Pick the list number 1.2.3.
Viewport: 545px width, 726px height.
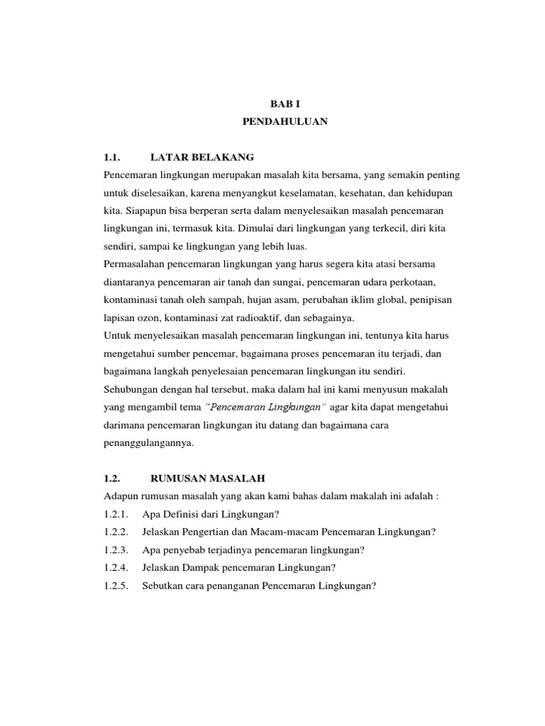click(x=116, y=550)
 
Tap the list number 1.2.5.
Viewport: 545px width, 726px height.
click(x=116, y=586)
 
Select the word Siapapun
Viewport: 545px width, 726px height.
click(x=143, y=211)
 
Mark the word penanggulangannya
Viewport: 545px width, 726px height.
click(x=148, y=443)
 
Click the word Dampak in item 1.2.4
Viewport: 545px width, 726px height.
click(x=199, y=568)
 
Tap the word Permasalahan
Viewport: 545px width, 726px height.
click(x=136, y=264)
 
